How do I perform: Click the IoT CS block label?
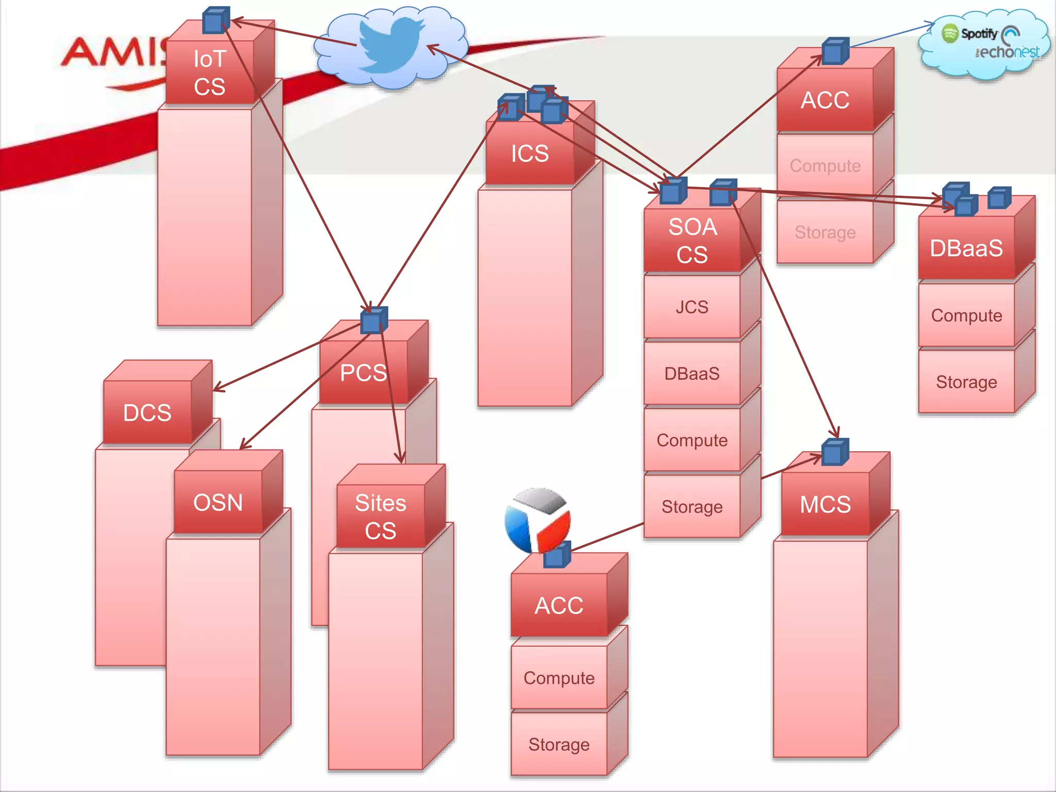tap(210, 73)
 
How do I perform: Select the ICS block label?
tap(530, 154)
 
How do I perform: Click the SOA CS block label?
tap(692, 241)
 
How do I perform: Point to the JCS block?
tap(692, 307)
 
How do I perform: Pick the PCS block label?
tap(364, 373)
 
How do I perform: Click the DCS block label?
tap(147, 413)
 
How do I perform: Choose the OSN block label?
tap(218, 503)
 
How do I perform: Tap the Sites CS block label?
tap(381, 517)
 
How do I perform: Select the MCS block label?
tap(825, 504)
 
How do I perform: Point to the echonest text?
tap(1008, 52)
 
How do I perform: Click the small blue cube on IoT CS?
tap(215, 21)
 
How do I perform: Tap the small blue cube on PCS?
tap(373, 321)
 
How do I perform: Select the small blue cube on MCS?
tap(834, 452)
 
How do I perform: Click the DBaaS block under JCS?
tap(692, 374)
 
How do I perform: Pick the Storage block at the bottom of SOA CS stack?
tap(692, 507)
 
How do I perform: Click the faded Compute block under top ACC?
tap(825, 166)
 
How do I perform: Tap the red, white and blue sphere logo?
tap(537, 518)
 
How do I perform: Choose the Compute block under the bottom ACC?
tap(559, 678)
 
